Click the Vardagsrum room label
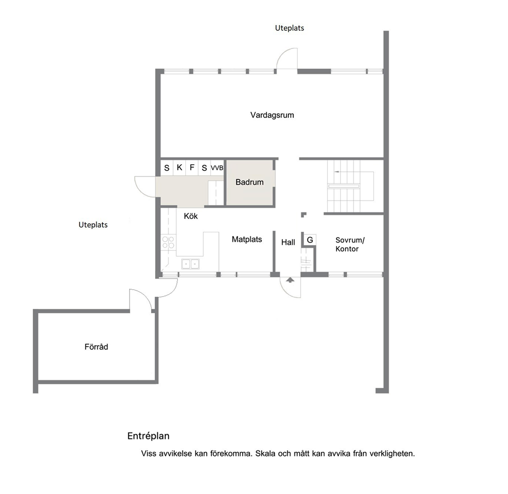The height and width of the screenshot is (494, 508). click(272, 115)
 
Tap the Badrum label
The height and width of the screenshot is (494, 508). click(249, 182)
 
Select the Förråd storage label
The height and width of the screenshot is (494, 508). click(96, 347)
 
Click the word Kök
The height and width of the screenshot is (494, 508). click(191, 216)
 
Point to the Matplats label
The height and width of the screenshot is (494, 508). click(247, 240)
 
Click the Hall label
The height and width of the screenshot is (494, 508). click(288, 243)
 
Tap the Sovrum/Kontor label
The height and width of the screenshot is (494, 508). click(350, 244)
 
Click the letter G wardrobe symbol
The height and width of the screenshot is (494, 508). click(310, 240)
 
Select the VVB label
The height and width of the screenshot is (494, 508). click(217, 168)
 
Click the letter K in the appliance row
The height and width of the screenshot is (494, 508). click(179, 167)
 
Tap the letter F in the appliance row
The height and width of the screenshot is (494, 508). click(192, 167)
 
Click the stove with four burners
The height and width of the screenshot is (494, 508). click(168, 243)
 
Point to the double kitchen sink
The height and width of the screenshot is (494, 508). click(190, 264)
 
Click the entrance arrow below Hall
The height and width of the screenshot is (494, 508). click(290, 280)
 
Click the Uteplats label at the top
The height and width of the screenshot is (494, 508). click(290, 28)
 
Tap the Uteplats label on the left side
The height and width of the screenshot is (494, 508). click(93, 225)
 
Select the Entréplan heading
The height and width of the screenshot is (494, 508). click(149, 436)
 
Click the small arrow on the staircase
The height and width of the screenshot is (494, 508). click(337, 171)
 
